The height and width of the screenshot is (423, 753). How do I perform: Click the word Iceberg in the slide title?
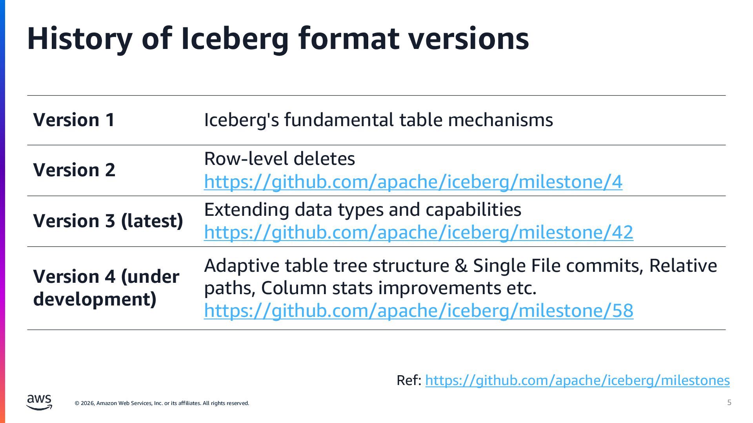click(x=235, y=38)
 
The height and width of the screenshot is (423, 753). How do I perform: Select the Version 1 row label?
click(x=74, y=120)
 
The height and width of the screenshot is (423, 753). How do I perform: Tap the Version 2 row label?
click(x=74, y=170)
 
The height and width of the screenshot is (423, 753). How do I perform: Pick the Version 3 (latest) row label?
click(x=108, y=221)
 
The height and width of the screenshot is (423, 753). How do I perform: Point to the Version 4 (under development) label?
click(x=106, y=287)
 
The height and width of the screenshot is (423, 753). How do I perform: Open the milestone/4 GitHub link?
click(x=413, y=182)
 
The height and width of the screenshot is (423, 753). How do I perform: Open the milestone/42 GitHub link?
click(x=418, y=232)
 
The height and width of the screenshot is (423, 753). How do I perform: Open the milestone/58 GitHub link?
click(x=418, y=311)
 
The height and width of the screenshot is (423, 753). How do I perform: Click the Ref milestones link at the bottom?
click(x=577, y=380)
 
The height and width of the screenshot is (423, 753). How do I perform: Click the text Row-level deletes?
click(x=279, y=159)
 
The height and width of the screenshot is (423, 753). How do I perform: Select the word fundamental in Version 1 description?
click(x=338, y=120)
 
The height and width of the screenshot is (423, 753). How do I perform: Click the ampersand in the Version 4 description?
click(x=461, y=266)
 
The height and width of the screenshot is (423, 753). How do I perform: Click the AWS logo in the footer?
click(x=39, y=402)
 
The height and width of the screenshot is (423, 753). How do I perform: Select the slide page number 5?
click(x=729, y=403)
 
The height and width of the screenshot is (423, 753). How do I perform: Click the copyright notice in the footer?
click(x=162, y=403)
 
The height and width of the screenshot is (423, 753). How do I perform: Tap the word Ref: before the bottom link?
click(x=409, y=380)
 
